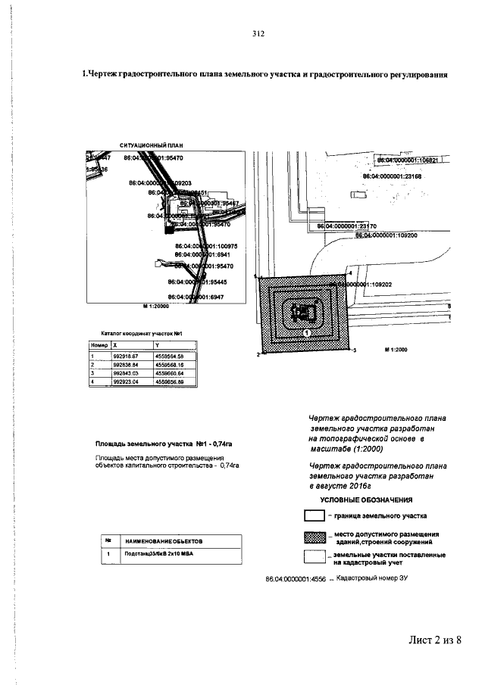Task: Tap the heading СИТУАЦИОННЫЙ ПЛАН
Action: pos(152,145)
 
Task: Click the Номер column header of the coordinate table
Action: pos(98,344)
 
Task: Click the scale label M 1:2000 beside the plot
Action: pos(396,350)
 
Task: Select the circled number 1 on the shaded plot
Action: pos(307,332)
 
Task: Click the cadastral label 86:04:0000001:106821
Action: pos(413,160)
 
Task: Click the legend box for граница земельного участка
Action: pos(314,516)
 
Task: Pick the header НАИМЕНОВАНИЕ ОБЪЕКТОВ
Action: pos(159,541)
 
